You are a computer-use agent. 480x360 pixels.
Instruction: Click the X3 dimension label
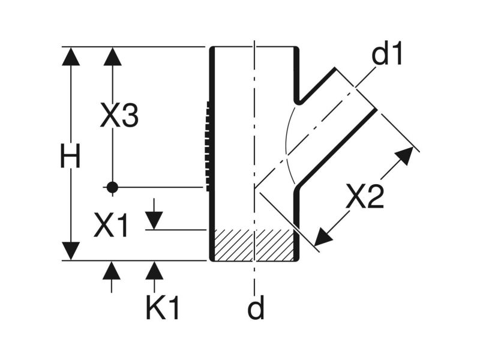click(119, 116)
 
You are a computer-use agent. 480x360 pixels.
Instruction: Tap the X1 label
click(111, 226)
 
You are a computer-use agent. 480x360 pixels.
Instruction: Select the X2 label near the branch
click(364, 197)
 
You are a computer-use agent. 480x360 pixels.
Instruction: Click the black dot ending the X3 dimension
click(112, 187)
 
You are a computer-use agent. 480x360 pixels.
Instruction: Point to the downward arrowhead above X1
click(154, 220)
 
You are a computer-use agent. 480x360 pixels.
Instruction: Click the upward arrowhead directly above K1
click(154, 271)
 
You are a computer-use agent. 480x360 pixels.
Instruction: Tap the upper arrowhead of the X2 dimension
click(404, 155)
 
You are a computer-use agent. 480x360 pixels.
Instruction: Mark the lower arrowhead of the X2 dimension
click(323, 237)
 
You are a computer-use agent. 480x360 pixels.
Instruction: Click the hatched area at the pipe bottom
click(254, 245)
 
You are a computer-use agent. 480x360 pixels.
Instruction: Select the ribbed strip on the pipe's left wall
click(208, 146)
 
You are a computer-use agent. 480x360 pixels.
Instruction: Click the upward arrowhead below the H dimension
click(112, 271)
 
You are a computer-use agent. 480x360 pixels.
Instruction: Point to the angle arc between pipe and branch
click(287, 144)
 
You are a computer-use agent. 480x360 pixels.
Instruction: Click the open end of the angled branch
click(355, 89)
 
